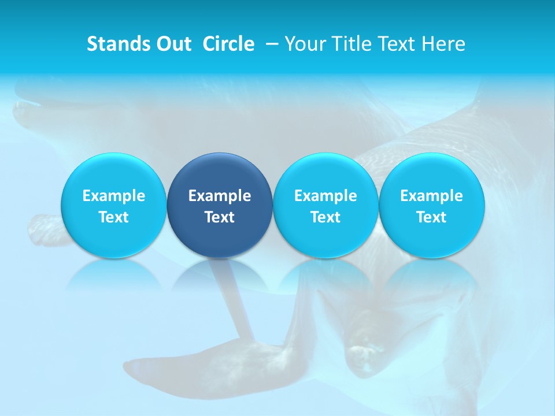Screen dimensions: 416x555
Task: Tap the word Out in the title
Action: point(171,44)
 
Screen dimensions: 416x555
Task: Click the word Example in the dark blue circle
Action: point(220,196)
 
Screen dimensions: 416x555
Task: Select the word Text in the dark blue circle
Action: point(220,217)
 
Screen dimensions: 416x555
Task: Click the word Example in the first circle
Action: point(114,196)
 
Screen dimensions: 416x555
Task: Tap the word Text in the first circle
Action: point(114,217)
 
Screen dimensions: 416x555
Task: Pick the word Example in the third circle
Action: point(325,196)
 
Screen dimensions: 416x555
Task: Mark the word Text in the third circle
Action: point(325,217)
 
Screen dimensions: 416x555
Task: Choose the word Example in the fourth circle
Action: point(431,196)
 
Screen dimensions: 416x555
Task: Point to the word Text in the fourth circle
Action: point(431,217)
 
